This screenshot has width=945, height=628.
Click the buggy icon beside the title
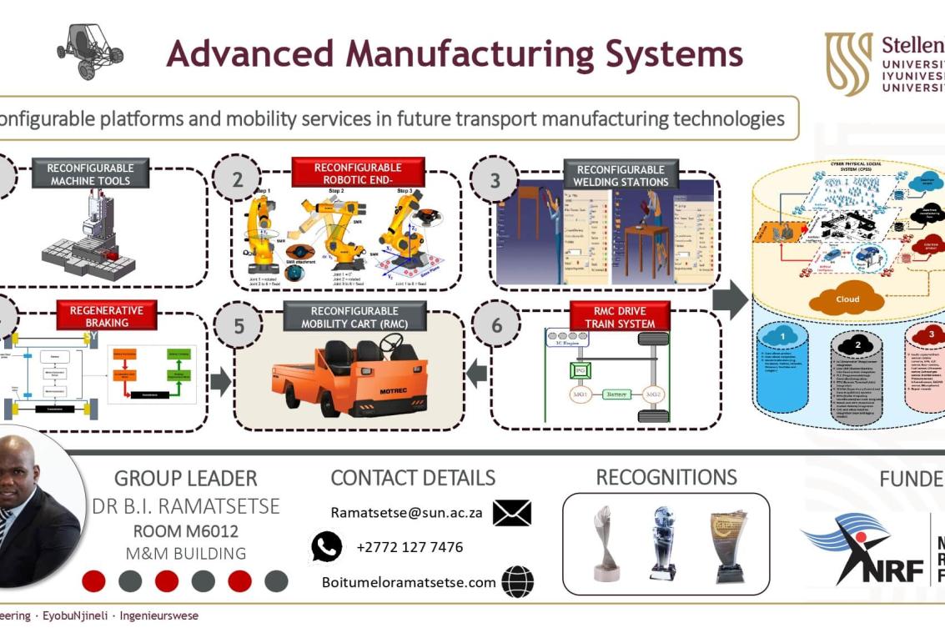pos(89,51)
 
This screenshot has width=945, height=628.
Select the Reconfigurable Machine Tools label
pos(90,174)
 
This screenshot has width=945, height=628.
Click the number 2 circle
pos(238,178)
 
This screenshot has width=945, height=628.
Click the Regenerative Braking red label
pos(107,316)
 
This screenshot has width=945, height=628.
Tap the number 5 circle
pos(239,326)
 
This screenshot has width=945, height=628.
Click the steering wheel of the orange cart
pos(390,342)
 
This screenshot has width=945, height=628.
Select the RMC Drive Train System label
pos(620,317)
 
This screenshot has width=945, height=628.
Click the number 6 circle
pos(497,325)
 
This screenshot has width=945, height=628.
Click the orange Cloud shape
pos(847,299)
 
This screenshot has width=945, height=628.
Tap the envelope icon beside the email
pos(511,513)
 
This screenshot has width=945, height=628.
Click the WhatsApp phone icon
pos(327,547)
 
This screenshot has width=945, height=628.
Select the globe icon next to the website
pos(518,582)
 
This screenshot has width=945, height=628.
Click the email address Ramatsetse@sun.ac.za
pos(406,513)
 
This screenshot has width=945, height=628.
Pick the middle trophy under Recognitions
pos(663,542)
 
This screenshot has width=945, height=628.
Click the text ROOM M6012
pos(185,530)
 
